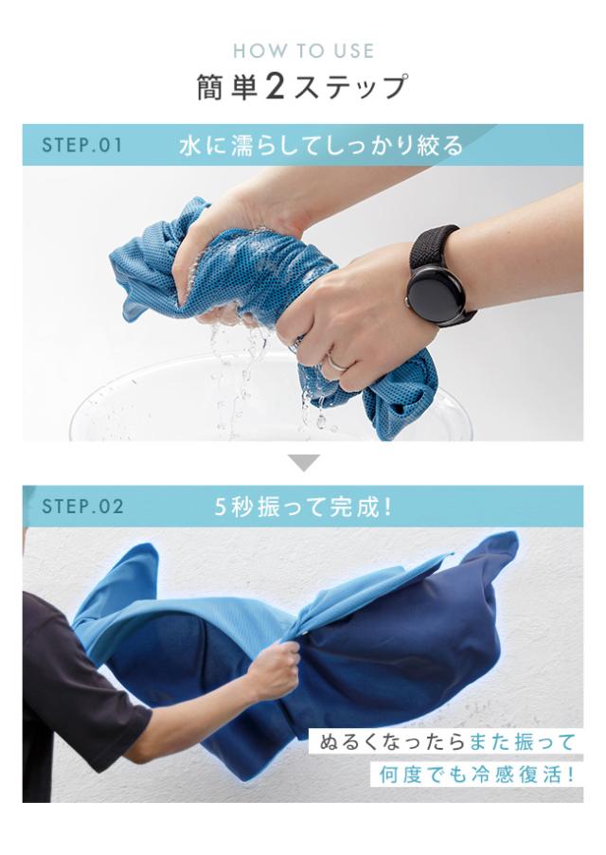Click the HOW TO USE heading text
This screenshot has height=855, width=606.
click(303, 51)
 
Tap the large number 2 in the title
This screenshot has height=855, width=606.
click(275, 87)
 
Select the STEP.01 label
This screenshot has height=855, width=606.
click(82, 146)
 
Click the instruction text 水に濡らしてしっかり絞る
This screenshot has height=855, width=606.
click(321, 146)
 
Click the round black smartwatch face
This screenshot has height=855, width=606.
click(437, 293)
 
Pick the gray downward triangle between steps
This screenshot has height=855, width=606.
click(303, 463)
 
